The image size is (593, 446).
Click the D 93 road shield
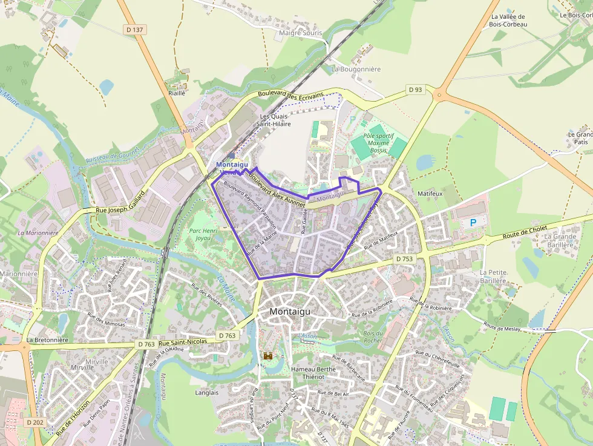[415, 90]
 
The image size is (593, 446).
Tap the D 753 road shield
[404, 258]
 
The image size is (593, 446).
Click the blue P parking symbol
[473, 223]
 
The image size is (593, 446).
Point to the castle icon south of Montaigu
[267, 356]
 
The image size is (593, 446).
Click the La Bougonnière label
[356, 69]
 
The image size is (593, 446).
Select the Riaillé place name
[177, 93]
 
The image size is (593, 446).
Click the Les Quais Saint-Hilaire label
[275, 120]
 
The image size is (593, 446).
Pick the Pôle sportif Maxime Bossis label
[378, 143]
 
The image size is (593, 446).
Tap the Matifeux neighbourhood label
[430, 193]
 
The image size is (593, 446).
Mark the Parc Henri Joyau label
[203, 234]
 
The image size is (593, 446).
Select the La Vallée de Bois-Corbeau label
[509, 21]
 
